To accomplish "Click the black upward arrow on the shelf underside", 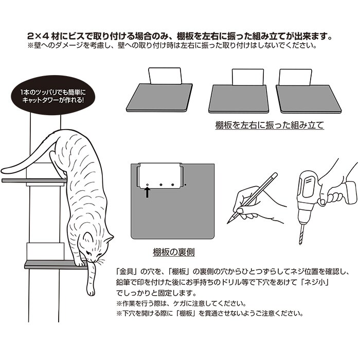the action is [x=148, y=192].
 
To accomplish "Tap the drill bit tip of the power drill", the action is [x=300, y=244].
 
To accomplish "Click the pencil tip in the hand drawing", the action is [x=228, y=223].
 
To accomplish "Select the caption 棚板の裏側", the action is [x=174, y=252].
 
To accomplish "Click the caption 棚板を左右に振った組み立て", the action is [x=269, y=125].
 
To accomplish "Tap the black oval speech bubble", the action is [x=52, y=96].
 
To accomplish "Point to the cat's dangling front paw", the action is [x=91, y=291].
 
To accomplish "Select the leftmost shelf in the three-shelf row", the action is [x=159, y=98].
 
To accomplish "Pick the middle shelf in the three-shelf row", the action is [x=239, y=99].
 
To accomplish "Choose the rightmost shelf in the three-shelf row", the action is [x=309, y=99].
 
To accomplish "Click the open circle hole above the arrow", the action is [x=148, y=185].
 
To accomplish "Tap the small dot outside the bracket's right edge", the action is [x=185, y=185].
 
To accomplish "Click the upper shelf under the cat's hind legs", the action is [x=34, y=181].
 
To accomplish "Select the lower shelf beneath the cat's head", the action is [x=55, y=265].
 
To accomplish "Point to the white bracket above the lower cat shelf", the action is [x=45, y=251].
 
